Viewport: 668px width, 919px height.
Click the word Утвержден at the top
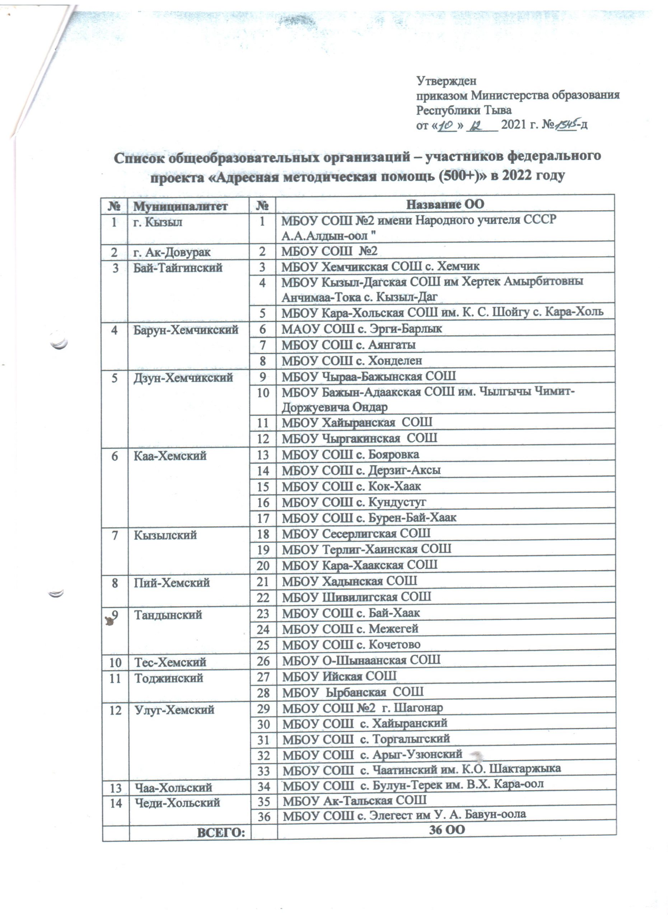click(x=447, y=81)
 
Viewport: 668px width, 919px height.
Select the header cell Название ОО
click(x=445, y=204)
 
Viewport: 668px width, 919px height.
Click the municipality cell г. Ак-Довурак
click(x=172, y=252)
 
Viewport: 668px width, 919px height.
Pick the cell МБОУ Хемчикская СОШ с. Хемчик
click(x=380, y=266)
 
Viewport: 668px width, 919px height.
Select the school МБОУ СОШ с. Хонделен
click(x=352, y=360)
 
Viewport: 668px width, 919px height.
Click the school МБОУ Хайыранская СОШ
click(x=357, y=422)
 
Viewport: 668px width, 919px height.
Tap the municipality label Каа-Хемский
click(x=170, y=456)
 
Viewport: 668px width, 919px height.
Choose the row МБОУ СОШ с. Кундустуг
click(x=354, y=502)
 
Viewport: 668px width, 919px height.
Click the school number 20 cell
click(x=263, y=565)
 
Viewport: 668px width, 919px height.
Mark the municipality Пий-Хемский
click(x=172, y=583)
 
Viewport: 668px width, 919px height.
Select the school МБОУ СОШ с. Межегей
click(x=350, y=629)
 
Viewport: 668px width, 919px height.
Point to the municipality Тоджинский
click(x=168, y=678)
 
